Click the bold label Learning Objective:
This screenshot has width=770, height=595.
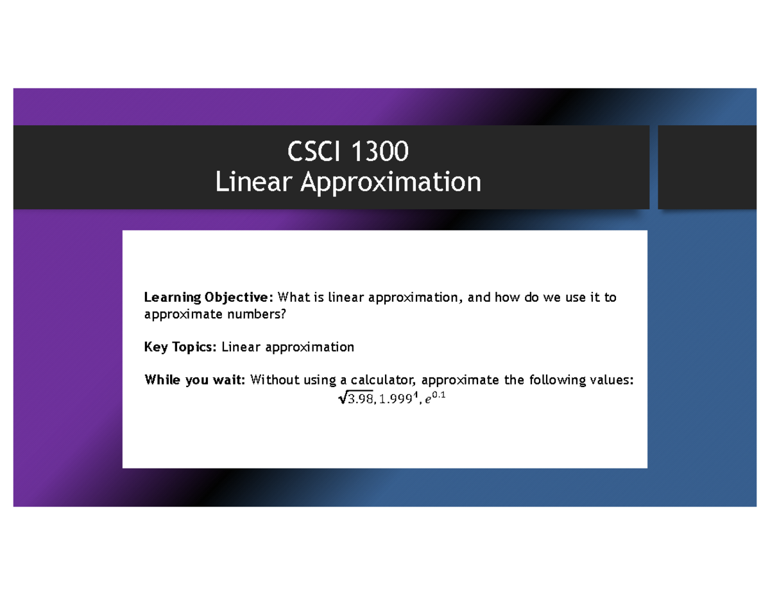pyautogui.click(x=209, y=298)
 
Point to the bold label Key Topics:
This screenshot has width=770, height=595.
pyautogui.click(x=181, y=347)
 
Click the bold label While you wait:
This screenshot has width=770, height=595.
pyautogui.click(x=194, y=381)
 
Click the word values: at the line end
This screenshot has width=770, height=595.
pyautogui.click(x=612, y=381)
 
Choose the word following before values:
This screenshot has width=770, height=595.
pyautogui.click(x=558, y=381)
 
